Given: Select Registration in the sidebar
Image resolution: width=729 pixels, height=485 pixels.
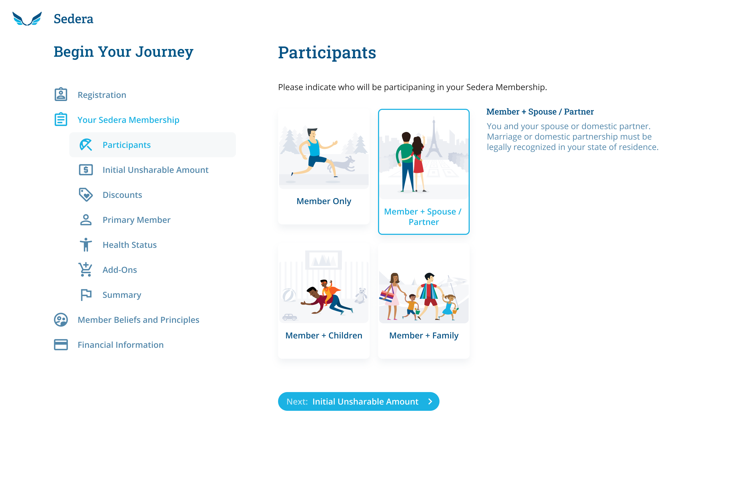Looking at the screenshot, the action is [x=102, y=95].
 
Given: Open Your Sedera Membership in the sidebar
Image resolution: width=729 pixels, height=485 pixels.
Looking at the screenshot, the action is [x=128, y=120].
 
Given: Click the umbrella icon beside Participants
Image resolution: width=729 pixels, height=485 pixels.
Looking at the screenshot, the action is [x=86, y=145].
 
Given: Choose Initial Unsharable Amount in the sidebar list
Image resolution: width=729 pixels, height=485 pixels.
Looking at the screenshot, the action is [x=155, y=170].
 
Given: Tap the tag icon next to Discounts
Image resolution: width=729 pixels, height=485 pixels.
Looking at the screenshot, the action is [x=86, y=194].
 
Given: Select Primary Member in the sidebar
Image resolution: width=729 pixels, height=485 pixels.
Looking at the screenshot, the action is [x=136, y=220].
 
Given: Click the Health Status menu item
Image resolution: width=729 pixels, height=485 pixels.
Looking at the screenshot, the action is [x=129, y=245].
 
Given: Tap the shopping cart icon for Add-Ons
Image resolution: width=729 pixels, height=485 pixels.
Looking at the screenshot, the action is [x=85, y=269].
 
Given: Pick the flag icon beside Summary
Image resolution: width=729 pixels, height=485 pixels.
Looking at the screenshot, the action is [x=86, y=295].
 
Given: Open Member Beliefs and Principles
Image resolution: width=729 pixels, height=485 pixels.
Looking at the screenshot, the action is [x=138, y=320].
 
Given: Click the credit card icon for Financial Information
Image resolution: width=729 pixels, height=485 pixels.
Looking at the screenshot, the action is [x=61, y=345].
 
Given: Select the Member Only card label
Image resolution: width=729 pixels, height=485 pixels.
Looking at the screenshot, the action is [x=324, y=201].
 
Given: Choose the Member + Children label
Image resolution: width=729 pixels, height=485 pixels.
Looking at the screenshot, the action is [x=324, y=336].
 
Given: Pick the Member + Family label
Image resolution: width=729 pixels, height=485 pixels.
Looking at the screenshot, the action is [x=423, y=336].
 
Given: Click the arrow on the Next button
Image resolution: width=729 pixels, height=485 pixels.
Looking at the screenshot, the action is [x=430, y=401].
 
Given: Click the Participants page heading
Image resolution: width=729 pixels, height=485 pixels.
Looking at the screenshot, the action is [x=327, y=53].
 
